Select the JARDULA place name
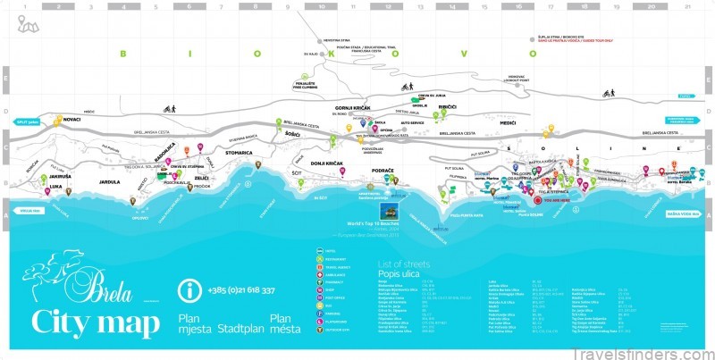pos(109,182)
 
